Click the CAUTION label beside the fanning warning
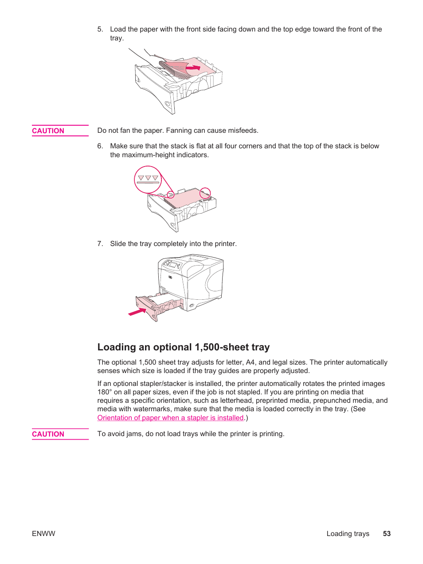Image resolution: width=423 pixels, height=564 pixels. coord(48,131)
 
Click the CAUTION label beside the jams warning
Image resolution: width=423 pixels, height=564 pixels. coord(48,434)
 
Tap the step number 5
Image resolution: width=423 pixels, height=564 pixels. coord(100,29)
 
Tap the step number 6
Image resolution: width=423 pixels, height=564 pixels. coord(100,146)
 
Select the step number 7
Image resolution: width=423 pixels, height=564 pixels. coord(100,244)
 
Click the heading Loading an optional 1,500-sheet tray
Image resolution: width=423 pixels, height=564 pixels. coord(184,347)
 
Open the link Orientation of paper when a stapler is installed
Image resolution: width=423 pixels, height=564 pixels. coord(171,418)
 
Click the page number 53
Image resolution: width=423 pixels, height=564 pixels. coord(387,534)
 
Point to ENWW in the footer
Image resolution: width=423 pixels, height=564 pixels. coord(43,534)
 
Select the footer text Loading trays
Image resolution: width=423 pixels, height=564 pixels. coord(348,534)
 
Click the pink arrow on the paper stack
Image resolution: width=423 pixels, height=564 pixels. coord(194,68)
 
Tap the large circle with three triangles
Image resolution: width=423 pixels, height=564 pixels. coord(148,179)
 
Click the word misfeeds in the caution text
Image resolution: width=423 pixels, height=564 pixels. coord(243,131)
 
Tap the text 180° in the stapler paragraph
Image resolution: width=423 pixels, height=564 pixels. coord(104,392)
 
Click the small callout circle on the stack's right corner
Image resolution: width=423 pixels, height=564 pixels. coord(205,193)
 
